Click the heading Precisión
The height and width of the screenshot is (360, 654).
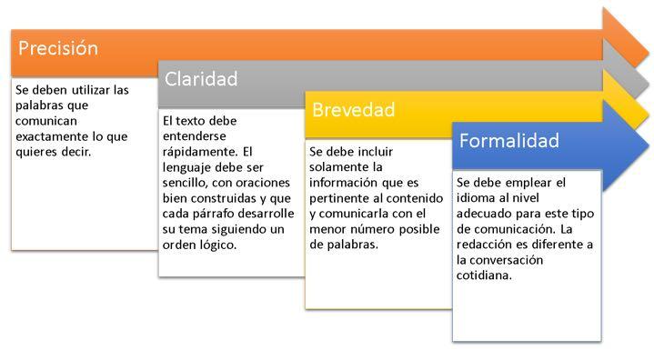(58, 48)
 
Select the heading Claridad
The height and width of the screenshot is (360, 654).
(201, 79)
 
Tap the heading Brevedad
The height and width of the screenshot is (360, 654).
(353, 110)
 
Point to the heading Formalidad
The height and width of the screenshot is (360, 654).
(508, 141)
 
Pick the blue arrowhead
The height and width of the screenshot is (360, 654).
(626, 145)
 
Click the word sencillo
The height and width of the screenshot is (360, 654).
(185, 183)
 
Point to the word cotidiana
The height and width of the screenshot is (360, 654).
(484, 275)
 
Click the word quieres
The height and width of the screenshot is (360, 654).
(35, 153)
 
